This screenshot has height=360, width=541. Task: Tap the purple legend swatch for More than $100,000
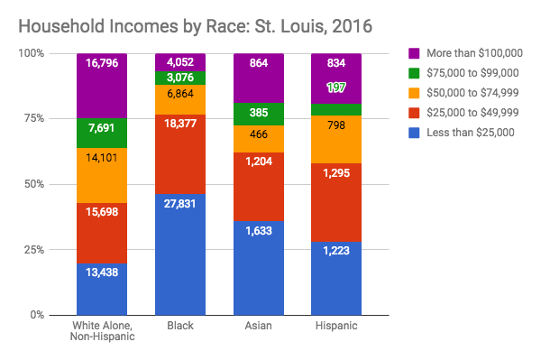click(414, 53)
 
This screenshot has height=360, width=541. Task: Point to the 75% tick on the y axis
click(37, 119)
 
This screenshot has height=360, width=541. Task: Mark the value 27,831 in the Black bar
click(179, 204)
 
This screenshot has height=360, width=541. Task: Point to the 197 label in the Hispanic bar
click(336, 87)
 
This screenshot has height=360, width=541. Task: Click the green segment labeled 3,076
click(179, 78)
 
